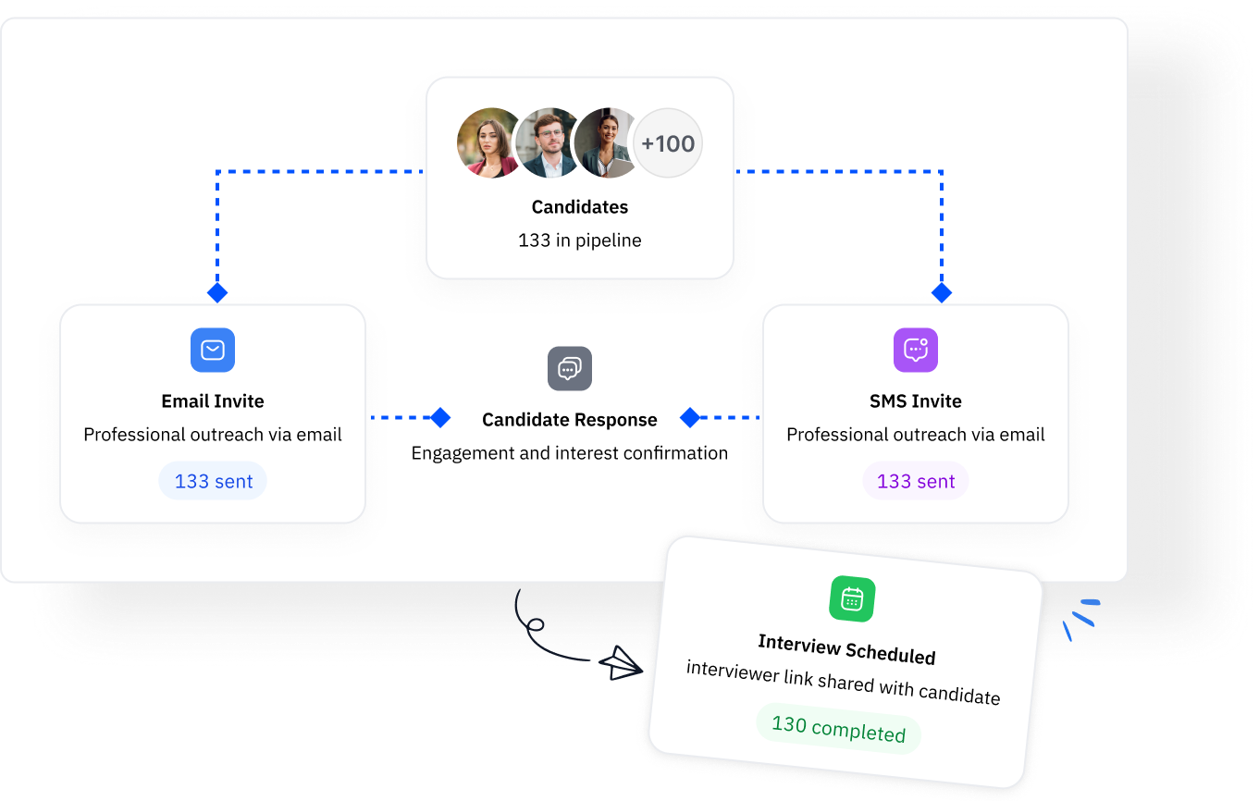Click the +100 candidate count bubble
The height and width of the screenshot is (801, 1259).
tap(668, 143)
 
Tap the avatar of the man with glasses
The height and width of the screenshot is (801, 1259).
tap(549, 142)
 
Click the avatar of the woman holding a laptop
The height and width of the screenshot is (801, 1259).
tap(606, 142)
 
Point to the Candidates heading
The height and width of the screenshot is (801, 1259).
tap(580, 207)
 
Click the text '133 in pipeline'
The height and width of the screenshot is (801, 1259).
tap(580, 240)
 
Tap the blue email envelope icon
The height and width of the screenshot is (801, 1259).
tap(213, 351)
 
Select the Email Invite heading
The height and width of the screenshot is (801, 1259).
tap(213, 401)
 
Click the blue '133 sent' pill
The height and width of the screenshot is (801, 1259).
tap(214, 482)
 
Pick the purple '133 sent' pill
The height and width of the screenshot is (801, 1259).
tap(916, 482)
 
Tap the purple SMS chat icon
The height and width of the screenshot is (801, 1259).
tap(916, 351)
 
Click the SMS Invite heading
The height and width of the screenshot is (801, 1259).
tap(916, 401)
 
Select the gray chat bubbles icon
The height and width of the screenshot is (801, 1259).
tap(570, 369)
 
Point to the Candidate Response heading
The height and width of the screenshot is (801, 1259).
tap(570, 420)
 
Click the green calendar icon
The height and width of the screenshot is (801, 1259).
tap(852, 599)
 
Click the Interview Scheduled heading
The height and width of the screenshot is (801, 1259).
tap(846, 649)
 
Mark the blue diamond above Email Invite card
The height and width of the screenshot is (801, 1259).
tap(217, 293)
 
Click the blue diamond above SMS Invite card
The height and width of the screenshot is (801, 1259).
tap(942, 293)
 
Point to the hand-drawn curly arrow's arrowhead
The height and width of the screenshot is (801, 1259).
tap(622, 663)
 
